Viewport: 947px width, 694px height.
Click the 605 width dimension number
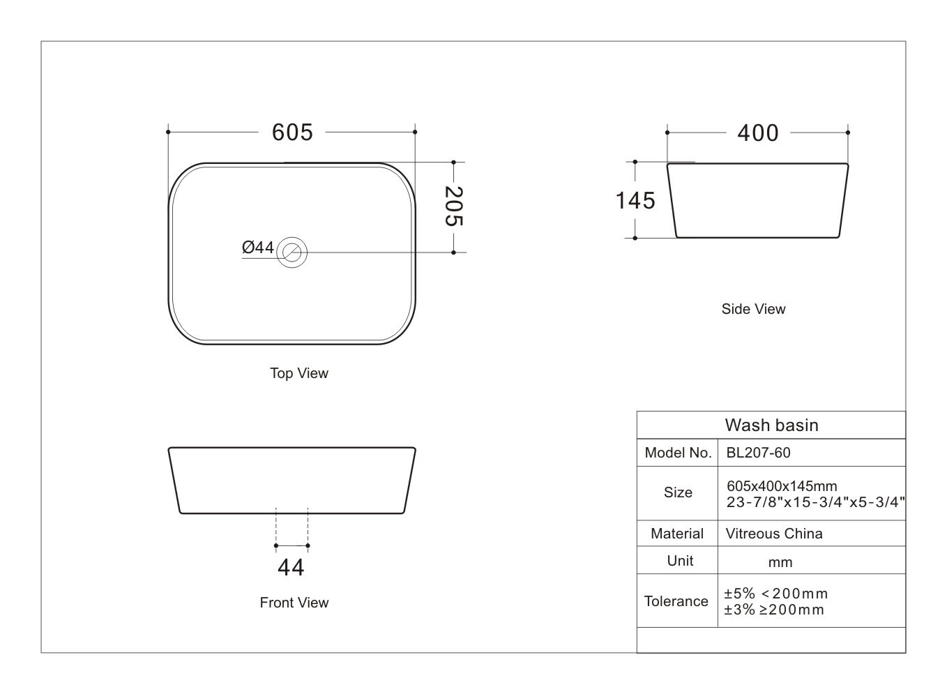[292, 132]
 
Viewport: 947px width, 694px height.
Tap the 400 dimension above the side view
[758, 133]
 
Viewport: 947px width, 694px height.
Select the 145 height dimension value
[635, 200]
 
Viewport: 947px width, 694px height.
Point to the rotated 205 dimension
[454, 206]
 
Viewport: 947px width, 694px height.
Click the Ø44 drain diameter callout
[258, 248]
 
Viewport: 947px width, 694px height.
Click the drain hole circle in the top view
[291, 252]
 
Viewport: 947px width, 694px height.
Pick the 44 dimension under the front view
[291, 568]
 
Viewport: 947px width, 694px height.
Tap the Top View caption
[299, 373]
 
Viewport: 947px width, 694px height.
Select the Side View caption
[753, 309]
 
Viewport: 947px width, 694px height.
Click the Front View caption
[294, 602]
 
